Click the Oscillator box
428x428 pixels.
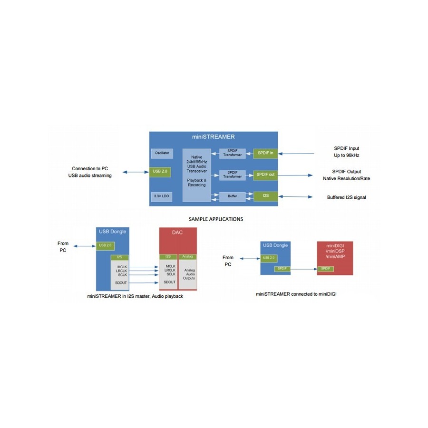click(162, 154)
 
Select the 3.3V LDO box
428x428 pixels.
click(162, 196)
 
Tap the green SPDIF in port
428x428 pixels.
click(265, 153)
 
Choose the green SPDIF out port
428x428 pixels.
click(265, 175)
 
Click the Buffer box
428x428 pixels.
click(232, 196)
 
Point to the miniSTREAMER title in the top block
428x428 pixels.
click(213, 137)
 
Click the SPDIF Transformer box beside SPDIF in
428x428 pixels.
click(232, 153)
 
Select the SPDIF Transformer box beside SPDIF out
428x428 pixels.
click(232, 175)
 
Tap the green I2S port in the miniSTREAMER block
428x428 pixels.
click(265, 196)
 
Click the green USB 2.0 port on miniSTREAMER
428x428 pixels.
click(160, 172)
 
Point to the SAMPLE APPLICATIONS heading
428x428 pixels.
click(216, 219)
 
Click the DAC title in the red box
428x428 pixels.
click(177, 233)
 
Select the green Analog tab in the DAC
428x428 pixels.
click(187, 257)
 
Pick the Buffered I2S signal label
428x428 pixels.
click(346, 197)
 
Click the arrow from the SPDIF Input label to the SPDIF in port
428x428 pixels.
click(296, 154)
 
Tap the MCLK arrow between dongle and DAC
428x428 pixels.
click(144, 267)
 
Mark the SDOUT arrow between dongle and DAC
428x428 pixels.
click(144, 283)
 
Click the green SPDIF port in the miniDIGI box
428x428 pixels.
click(326, 269)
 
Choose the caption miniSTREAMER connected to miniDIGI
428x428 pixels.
click(296, 294)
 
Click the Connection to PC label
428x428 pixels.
click(90, 169)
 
